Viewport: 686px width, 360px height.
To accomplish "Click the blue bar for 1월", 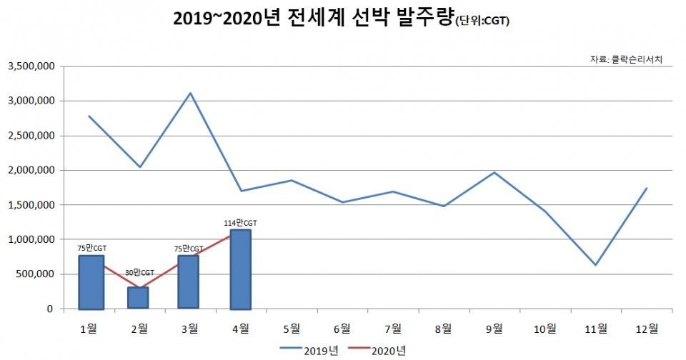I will pos(91,282).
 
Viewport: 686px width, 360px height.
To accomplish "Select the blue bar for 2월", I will pos(139,298).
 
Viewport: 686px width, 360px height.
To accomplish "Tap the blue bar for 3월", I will pos(188,282).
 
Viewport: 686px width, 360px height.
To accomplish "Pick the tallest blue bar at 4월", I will pos(241,269).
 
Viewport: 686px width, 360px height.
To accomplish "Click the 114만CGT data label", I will pos(240,223).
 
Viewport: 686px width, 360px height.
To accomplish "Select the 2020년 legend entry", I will pos(378,350).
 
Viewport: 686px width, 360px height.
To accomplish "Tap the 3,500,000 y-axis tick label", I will pos(31,66).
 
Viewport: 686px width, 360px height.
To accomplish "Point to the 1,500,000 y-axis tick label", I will pos(31,205).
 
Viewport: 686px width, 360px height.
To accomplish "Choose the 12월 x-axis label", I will pos(647,328).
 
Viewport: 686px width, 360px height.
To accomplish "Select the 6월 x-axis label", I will pos(342,328).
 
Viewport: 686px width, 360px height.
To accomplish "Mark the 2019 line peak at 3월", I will pos(190,93).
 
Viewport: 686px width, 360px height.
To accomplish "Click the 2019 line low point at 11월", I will pos(596,265).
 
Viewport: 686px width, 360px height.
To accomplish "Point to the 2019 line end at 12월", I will pos(647,189).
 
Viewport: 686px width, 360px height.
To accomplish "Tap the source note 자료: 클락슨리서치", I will pos(626,59).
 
